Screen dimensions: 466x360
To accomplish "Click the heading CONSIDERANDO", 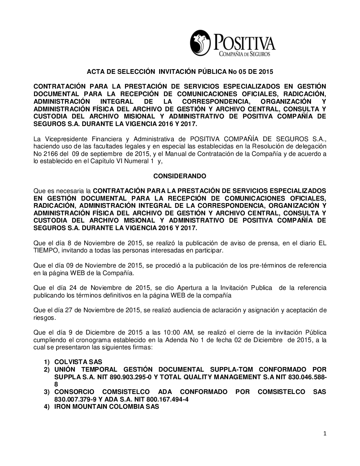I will click(180, 176).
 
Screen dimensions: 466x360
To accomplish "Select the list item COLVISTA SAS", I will click(78, 362).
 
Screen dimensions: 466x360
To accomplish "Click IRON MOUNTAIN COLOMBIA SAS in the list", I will click(107, 407).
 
